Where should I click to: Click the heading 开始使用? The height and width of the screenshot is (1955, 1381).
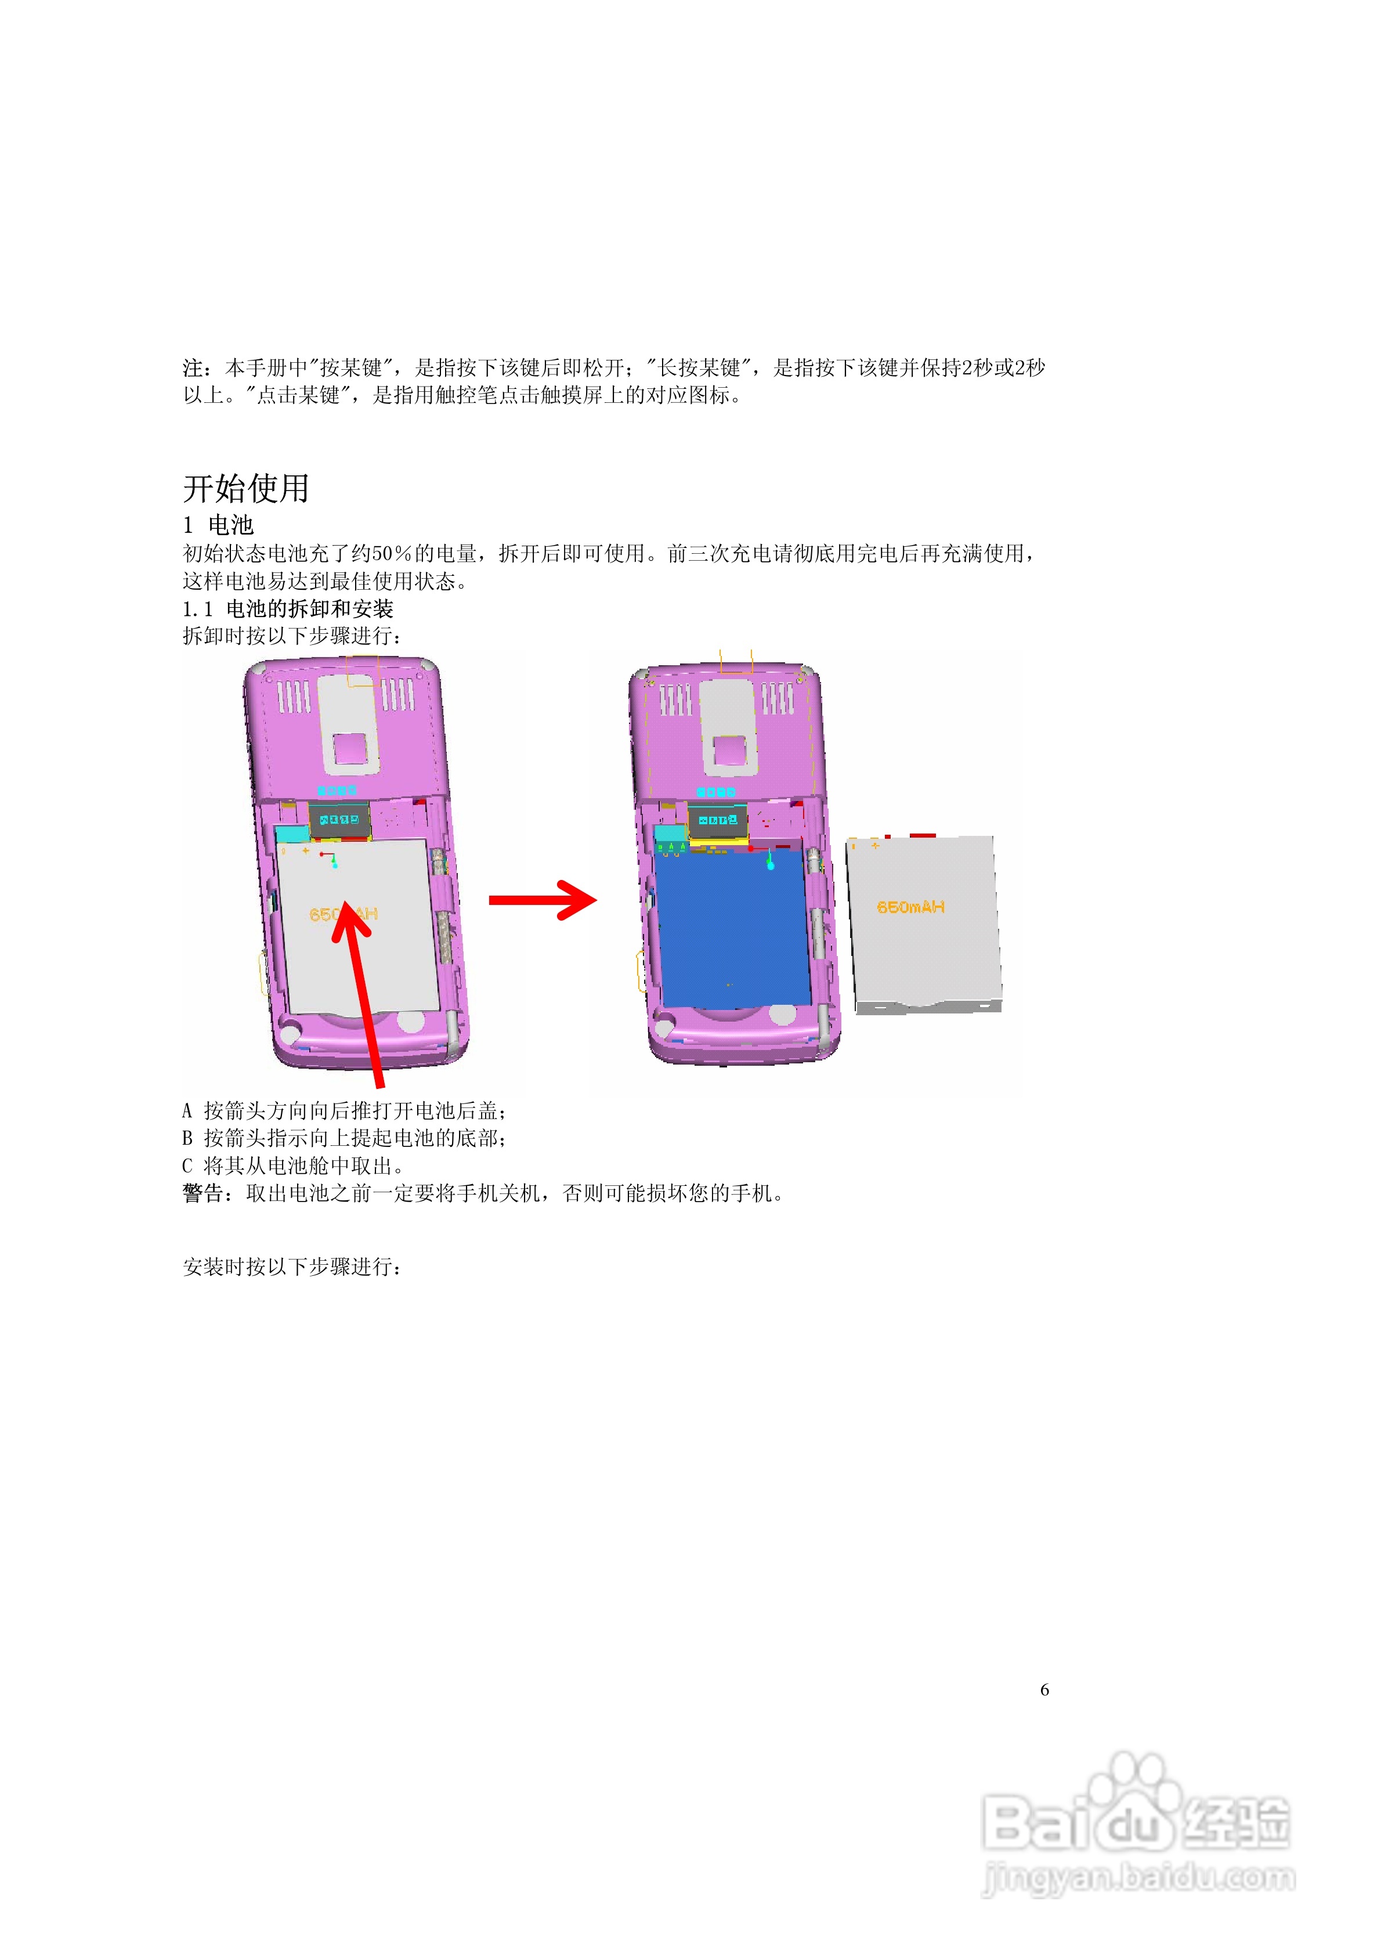coord(245,489)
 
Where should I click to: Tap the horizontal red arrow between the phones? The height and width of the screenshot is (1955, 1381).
coord(543,900)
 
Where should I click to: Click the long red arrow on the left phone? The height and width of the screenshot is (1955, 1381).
coord(363,988)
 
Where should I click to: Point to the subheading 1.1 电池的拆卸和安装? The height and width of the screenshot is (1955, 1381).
coord(288,609)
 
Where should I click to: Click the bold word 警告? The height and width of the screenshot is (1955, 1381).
coord(203,1194)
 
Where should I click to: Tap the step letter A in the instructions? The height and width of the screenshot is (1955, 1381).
coord(187,1111)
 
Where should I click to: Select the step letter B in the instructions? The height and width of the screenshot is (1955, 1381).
coord(187,1138)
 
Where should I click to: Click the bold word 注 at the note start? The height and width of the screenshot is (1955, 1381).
coord(193,368)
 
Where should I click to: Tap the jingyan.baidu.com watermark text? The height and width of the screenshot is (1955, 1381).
coord(1138,1878)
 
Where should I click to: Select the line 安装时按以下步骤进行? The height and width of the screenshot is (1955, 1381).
coord(291,1267)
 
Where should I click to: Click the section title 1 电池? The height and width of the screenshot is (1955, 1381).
coord(219,525)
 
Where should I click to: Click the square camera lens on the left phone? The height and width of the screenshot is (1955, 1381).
coord(349,749)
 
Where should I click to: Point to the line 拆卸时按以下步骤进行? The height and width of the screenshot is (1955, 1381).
coord(291,636)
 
